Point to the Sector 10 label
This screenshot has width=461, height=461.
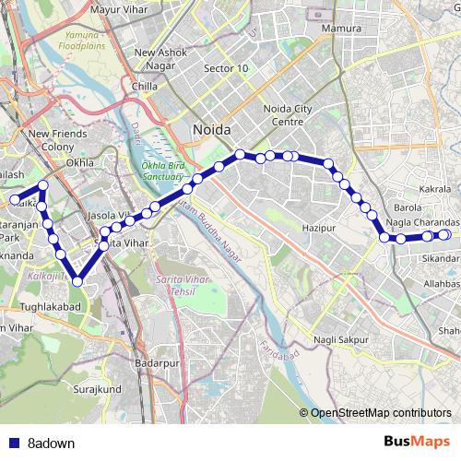[x=226, y=68]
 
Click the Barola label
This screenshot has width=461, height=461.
[x=407, y=208]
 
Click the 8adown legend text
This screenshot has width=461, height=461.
[x=51, y=443]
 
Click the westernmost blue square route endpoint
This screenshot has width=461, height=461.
[x=15, y=200]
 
